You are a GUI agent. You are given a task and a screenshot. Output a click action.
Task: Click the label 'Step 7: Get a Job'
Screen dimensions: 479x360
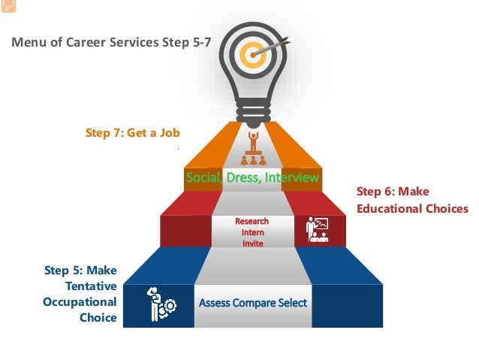coord(133,133)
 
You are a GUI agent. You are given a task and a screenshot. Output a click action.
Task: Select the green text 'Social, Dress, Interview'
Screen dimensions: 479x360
coord(253,178)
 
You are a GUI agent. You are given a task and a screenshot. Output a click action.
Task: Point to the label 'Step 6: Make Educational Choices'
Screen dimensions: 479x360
coord(411,200)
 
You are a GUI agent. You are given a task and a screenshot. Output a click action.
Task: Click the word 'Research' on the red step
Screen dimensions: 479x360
coord(252,222)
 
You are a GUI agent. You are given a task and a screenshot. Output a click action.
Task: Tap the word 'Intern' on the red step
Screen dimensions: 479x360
coord(252,232)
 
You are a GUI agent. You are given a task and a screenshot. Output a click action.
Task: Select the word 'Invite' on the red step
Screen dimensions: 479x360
coord(252,243)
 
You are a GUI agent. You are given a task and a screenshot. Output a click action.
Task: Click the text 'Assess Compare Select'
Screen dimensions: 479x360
coord(253,303)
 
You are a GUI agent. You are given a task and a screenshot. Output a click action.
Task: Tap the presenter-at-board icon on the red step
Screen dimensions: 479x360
coord(317,230)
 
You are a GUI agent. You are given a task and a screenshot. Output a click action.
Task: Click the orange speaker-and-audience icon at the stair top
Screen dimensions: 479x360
coord(253,149)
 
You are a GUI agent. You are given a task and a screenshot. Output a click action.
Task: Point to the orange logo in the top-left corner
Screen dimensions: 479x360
coord(8,6)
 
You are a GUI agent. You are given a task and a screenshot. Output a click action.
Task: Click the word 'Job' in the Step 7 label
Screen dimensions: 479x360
coord(170,133)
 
